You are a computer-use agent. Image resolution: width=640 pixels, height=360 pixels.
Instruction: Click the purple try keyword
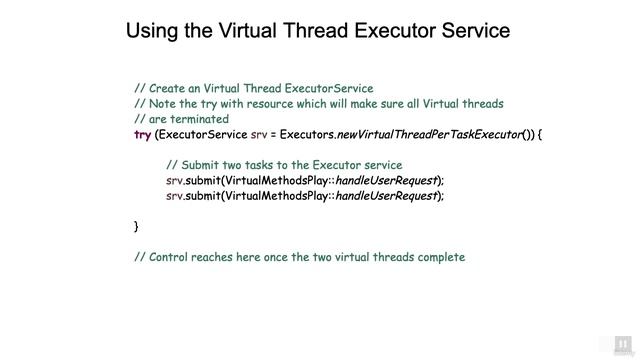pyautogui.click(x=142, y=134)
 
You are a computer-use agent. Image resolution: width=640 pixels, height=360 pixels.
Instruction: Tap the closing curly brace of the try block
pyautogui.click(x=137, y=227)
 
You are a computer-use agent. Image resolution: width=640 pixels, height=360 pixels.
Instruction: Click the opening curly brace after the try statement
pyautogui.click(x=540, y=134)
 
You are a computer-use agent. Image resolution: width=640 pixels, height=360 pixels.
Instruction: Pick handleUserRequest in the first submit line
pyautogui.click(x=386, y=180)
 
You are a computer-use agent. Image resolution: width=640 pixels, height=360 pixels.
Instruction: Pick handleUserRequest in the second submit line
pyautogui.click(x=386, y=196)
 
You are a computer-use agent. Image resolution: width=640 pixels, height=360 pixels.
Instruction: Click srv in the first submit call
pyautogui.click(x=175, y=180)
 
